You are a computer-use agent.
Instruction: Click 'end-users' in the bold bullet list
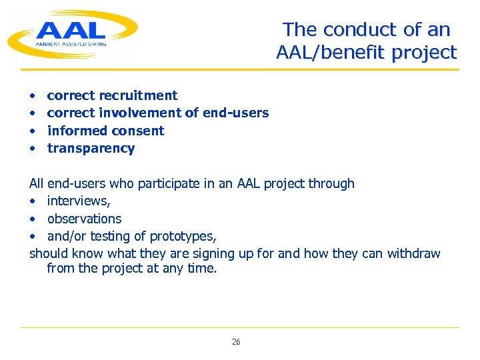[x=236, y=113]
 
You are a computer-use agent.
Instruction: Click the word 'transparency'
[x=91, y=148]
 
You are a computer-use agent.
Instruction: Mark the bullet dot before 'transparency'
[x=32, y=149]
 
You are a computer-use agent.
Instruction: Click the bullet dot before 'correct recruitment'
[x=32, y=96]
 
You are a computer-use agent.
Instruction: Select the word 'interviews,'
[x=79, y=201]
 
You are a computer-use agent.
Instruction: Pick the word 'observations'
[x=84, y=219]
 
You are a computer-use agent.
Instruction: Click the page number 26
[x=236, y=342]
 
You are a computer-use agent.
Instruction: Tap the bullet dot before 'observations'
[x=32, y=219]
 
